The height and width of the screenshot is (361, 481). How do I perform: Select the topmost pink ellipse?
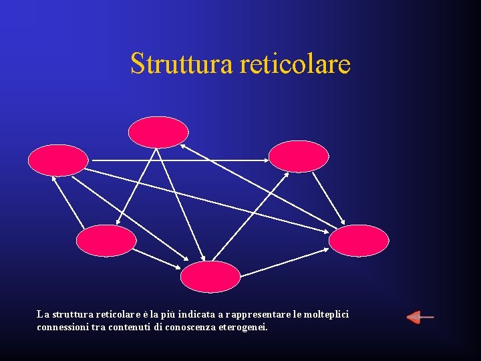click(x=158, y=132)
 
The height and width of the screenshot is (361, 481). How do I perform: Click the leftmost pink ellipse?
click(x=58, y=160)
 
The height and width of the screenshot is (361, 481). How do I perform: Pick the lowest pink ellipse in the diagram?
click(x=210, y=277)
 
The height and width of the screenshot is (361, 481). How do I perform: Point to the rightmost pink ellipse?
click(x=359, y=241)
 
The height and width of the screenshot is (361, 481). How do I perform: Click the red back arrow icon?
click(x=420, y=317)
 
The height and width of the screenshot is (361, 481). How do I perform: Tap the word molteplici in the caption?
click(x=326, y=314)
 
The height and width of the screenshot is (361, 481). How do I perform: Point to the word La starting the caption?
click(x=43, y=314)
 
